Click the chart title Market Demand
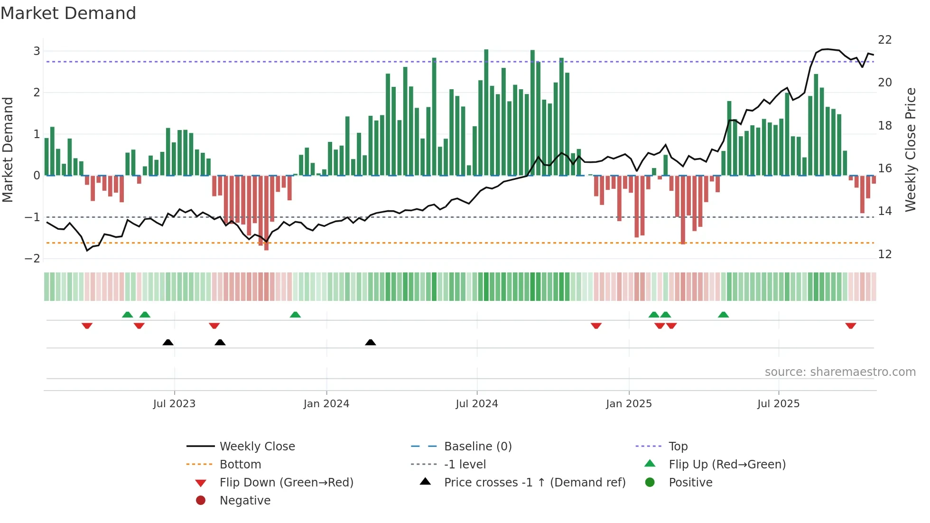coord(68,13)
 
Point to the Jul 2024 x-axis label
coord(476,404)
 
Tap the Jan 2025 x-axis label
coord(629,404)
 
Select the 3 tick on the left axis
coord(37,51)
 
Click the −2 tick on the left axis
coord(33,259)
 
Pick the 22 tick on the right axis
coord(884,40)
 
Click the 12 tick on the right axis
coord(884,254)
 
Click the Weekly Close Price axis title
coord(910,149)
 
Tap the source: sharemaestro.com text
coord(840,372)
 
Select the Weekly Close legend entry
coord(257,447)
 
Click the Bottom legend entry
coord(240,465)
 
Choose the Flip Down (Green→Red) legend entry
coord(286,483)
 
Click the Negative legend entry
coord(245,501)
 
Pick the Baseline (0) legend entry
coord(477,447)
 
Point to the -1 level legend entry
coord(465,465)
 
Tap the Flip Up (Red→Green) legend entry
coord(727,465)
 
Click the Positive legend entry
coord(690,483)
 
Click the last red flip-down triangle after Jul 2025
coord(850,326)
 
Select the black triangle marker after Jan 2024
coord(371,342)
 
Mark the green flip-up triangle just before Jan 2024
coord(295,315)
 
